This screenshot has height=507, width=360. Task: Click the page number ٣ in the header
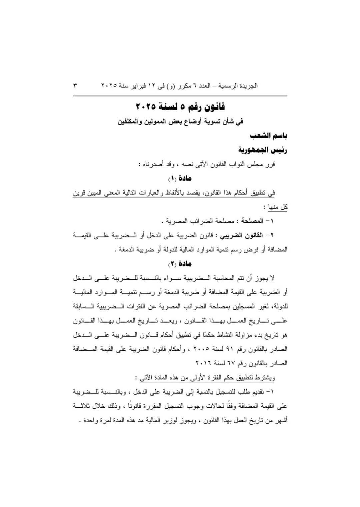(75, 85)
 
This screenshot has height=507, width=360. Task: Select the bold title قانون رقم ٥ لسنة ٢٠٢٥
(180, 107)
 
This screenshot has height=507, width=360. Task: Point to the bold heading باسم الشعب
(269, 136)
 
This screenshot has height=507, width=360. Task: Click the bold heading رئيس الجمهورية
(262, 150)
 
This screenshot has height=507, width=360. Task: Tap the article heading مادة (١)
(180, 178)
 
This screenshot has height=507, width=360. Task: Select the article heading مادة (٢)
(180, 264)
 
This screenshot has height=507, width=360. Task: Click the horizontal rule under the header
(180, 96)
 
